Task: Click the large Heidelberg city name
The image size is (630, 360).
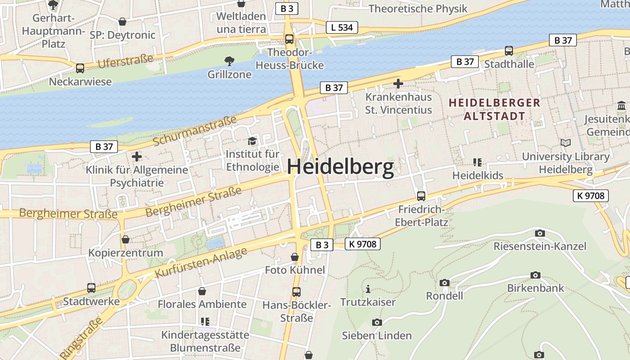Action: [x=340, y=167]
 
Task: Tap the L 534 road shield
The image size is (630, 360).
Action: [x=342, y=27]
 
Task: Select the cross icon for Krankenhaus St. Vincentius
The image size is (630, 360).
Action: [x=398, y=83]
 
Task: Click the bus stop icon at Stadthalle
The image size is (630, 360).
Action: [x=508, y=51]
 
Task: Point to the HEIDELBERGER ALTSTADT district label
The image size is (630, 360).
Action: [x=494, y=109]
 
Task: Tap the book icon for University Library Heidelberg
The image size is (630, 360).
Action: [x=565, y=143]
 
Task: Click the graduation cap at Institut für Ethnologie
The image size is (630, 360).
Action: [x=252, y=141]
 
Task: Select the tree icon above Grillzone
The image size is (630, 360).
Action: [x=229, y=61]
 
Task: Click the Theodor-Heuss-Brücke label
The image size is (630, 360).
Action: [x=289, y=59]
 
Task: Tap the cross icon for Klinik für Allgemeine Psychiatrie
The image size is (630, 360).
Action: [x=137, y=157]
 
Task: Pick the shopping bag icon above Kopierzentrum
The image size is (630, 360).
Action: [x=126, y=239]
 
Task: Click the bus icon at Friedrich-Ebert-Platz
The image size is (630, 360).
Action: [x=421, y=196]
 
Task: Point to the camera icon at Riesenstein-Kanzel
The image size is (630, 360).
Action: [x=540, y=233]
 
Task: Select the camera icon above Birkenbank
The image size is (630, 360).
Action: [x=535, y=275]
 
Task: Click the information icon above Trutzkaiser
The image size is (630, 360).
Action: [x=368, y=289]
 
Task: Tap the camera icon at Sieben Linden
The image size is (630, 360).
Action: [x=377, y=322]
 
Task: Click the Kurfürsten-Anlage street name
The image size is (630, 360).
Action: [x=201, y=262]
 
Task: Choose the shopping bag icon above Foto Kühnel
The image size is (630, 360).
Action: [x=295, y=257]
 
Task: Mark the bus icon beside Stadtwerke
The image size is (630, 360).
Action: [x=91, y=288]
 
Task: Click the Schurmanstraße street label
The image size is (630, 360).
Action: [x=195, y=131]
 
